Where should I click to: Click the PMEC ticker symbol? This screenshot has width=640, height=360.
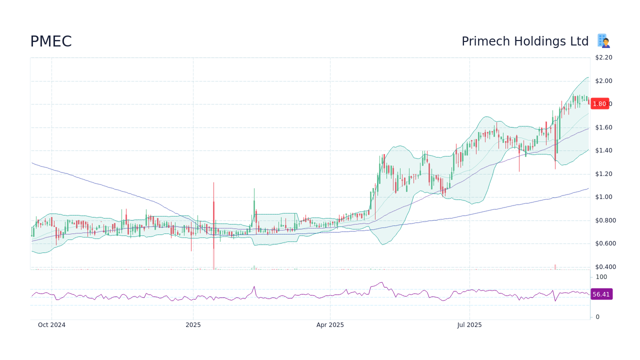click(x=51, y=41)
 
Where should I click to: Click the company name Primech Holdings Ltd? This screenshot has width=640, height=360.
click(x=525, y=41)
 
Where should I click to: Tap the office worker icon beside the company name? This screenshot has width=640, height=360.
click(x=603, y=41)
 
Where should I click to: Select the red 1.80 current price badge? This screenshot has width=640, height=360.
click(x=599, y=104)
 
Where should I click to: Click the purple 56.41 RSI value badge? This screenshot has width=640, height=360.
click(x=601, y=294)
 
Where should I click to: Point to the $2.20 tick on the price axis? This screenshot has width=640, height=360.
click(x=603, y=57)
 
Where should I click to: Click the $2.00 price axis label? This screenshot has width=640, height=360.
click(x=603, y=81)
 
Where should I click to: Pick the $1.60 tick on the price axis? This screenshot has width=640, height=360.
click(x=603, y=127)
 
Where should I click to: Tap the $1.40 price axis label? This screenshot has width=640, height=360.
click(x=603, y=150)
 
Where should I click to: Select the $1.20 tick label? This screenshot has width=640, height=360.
click(x=603, y=174)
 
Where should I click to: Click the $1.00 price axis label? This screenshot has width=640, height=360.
click(x=603, y=197)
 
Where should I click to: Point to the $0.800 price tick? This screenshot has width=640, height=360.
click(x=605, y=220)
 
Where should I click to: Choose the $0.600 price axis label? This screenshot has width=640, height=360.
click(x=605, y=243)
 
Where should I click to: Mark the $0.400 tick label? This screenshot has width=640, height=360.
click(x=605, y=267)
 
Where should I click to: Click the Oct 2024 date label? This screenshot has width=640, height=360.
click(x=51, y=325)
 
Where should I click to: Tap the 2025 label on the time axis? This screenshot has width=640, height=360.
click(x=193, y=325)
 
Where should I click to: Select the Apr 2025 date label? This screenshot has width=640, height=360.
click(x=330, y=325)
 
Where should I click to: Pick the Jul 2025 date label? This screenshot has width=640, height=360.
click(x=469, y=325)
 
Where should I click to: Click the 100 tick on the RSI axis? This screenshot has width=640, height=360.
click(x=601, y=277)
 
